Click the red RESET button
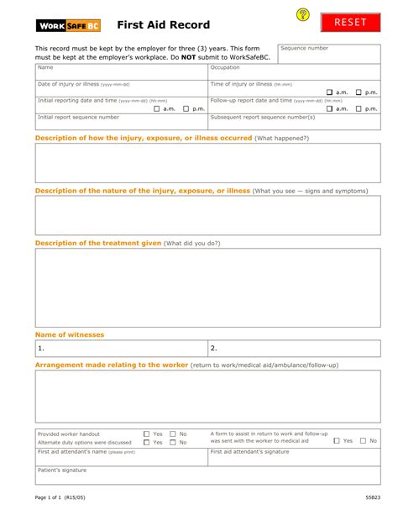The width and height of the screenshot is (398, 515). (x=350, y=23)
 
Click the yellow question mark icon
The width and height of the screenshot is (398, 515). (x=303, y=15)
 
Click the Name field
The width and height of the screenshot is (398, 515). (x=120, y=73)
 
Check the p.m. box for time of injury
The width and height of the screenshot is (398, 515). (x=359, y=92)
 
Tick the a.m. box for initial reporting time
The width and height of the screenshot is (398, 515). (x=156, y=108)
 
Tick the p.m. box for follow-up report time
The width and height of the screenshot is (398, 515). (x=359, y=108)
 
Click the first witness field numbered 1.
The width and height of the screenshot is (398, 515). (x=120, y=348)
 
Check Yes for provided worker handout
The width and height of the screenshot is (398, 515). (x=146, y=434)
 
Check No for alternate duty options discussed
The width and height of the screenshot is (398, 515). (x=173, y=442)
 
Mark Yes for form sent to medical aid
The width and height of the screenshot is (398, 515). (x=336, y=440)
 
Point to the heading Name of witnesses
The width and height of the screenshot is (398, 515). (x=69, y=334)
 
